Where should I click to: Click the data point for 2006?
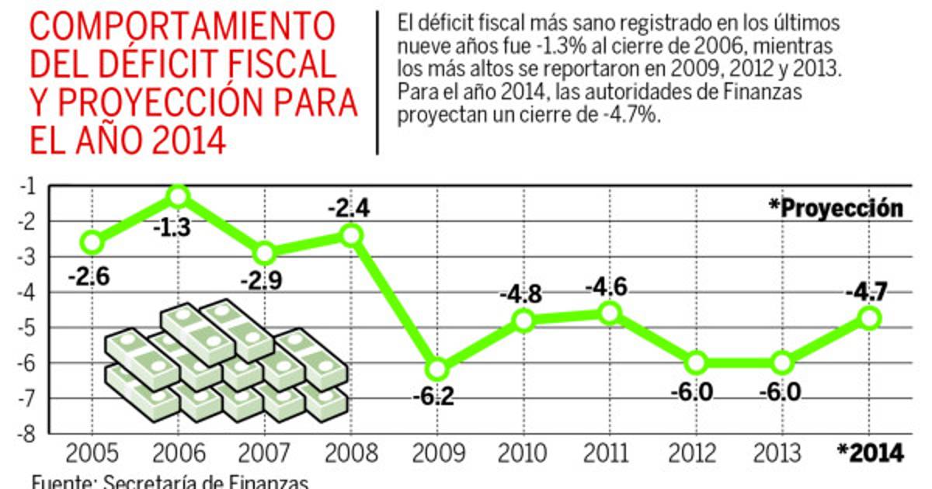pyautogui.click(x=179, y=196)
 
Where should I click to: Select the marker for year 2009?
pyautogui.click(x=438, y=368)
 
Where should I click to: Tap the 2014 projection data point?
pyautogui.click(x=870, y=317)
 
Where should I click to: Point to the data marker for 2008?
pyautogui.click(x=351, y=234)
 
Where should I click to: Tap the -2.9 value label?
pyautogui.click(x=265, y=279)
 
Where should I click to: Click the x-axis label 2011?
pyautogui.click(x=610, y=453)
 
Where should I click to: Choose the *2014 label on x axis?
pyautogui.click(x=870, y=453)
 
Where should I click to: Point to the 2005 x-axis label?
pyautogui.click(x=92, y=453)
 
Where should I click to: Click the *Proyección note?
pyautogui.click(x=836, y=208)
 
